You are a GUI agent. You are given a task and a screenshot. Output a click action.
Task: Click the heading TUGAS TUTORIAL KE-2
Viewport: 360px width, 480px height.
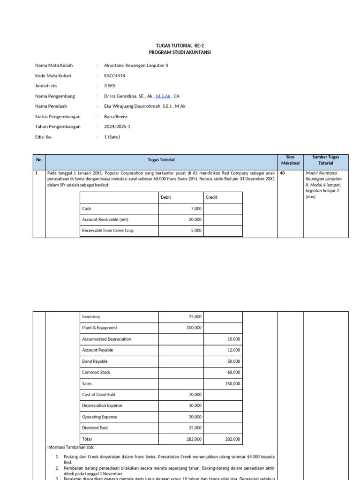(x=180, y=45)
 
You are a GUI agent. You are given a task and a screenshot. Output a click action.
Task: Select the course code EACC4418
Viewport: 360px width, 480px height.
(x=114, y=75)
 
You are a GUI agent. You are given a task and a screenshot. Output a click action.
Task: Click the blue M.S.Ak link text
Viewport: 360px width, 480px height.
(x=164, y=96)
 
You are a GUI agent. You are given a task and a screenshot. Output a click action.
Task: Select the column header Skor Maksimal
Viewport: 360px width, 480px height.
(x=286, y=160)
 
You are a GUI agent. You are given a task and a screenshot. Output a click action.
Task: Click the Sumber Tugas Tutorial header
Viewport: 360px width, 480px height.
(x=325, y=160)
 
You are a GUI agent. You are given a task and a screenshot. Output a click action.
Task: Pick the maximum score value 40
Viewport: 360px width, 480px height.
(x=283, y=173)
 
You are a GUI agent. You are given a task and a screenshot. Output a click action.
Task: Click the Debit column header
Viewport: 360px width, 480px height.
(x=166, y=197)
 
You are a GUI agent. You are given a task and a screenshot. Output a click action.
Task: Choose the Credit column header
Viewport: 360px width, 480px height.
(x=211, y=197)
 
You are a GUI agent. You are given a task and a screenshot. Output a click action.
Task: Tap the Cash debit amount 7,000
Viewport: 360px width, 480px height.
(x=195, y=209)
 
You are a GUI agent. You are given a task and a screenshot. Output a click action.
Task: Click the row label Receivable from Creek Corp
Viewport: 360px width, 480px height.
(x=107, y=231)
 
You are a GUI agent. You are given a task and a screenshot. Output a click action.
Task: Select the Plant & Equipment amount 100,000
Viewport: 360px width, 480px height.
(x=194, y=328)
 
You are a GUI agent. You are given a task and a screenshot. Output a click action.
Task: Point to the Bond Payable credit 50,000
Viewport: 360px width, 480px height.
(x=233, y=361)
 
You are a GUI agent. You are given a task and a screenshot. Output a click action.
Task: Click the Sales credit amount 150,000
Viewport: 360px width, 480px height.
(x=232, y=383)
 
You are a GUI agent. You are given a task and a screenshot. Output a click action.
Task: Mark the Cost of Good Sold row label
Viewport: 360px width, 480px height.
(x=98, y=395)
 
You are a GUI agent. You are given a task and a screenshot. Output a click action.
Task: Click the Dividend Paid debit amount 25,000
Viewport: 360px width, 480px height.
(x=195, y=428)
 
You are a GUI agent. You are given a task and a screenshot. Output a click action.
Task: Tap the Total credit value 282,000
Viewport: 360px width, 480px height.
(x=232, y=439)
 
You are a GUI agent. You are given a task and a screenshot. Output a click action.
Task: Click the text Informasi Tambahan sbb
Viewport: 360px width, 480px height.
(x=71, y=447)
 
